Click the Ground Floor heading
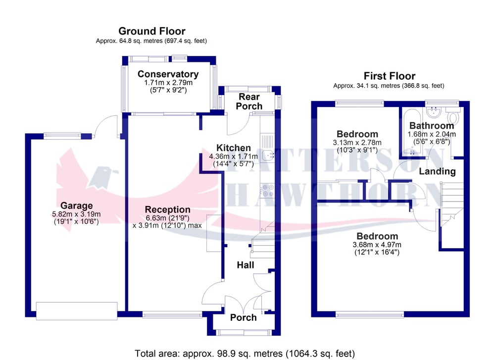[151, 31]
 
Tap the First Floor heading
[389, 76]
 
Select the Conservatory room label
[168, 74]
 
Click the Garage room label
[77, 206]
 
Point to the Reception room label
[167, 209]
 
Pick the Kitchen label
[233, 148]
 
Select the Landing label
[437, 171]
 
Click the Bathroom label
[431, 126]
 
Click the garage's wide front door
[77, 309]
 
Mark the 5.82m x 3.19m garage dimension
[77, 214]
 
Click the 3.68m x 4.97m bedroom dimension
[377, 245]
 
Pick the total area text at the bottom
[245, 354]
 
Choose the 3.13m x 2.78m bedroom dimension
[357, 143]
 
